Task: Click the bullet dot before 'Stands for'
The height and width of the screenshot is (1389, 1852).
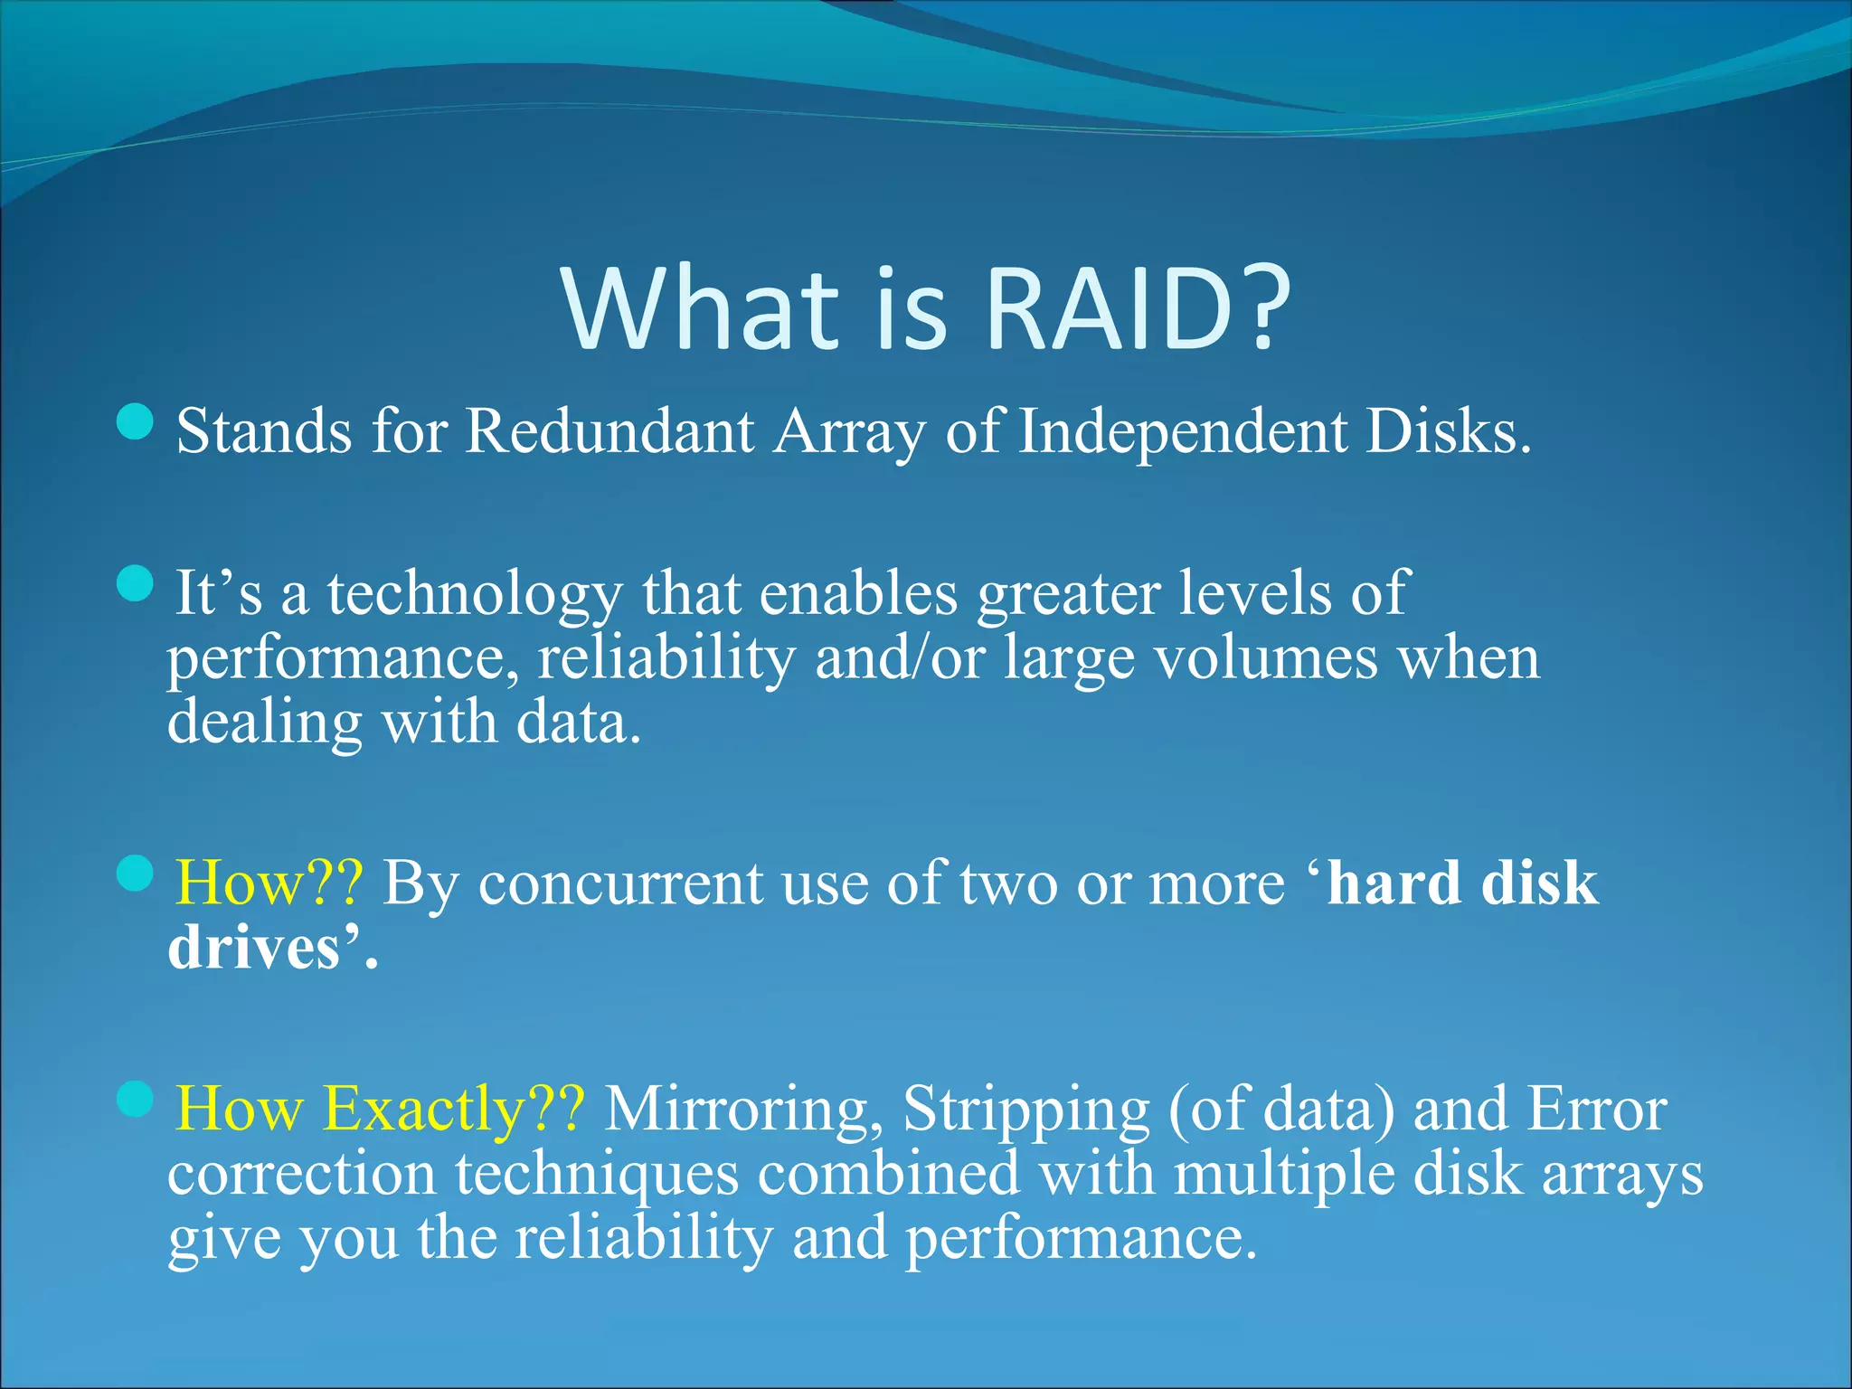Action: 136,422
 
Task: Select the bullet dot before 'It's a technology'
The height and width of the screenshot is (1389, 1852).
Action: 136,583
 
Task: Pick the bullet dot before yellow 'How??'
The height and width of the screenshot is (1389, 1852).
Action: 136,873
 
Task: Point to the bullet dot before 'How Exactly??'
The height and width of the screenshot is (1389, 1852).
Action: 136,1099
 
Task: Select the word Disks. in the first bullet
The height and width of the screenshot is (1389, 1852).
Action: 1449,430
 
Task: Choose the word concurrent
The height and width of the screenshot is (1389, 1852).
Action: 620,883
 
